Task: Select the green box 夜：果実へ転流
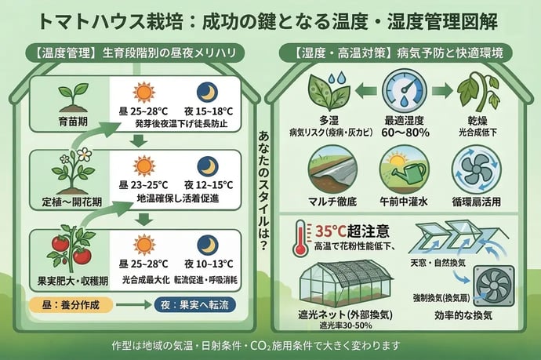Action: [x=197, y=304]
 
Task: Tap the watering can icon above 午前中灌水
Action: [x=403, y=166]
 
